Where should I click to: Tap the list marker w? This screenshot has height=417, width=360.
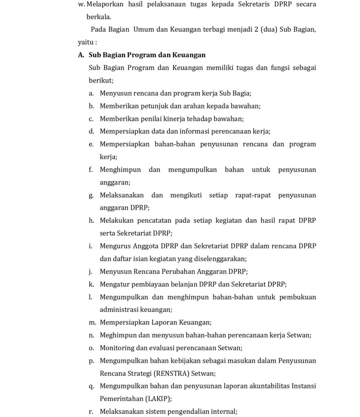click(81, 4)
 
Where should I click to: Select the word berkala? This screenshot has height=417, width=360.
click(98, 17)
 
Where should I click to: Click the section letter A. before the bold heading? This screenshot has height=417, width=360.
click(81, 55)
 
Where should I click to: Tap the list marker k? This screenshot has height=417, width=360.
click(92, 284)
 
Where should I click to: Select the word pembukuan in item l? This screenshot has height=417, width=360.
click(296, 297)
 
